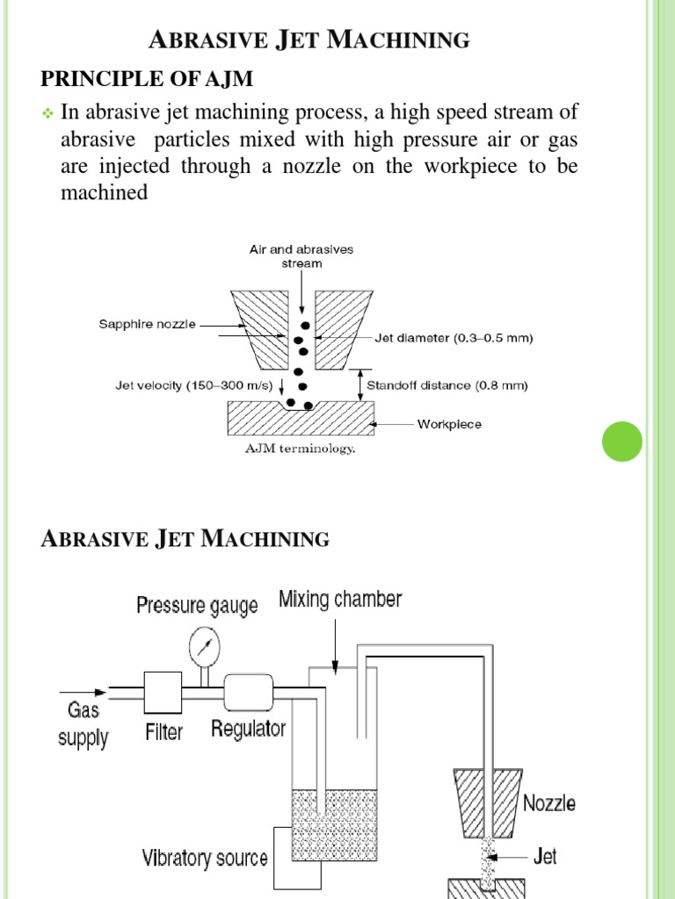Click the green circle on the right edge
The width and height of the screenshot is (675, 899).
[622, 442]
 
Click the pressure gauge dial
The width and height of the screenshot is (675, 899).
[203, 648]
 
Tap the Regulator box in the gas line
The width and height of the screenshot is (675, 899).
[250, 690]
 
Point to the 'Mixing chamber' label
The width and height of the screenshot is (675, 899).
[340, 601]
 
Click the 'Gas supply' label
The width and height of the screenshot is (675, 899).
[83, 723]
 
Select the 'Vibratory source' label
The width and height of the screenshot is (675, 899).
[205, 858]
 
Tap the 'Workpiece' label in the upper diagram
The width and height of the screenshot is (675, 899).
[449, 424]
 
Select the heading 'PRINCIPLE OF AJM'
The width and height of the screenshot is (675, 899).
[148, 80]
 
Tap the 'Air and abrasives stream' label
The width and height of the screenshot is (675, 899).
[301, 255]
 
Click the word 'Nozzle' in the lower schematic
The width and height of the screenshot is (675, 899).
[549, 802]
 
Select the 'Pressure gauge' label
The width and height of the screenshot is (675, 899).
[197, 606]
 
